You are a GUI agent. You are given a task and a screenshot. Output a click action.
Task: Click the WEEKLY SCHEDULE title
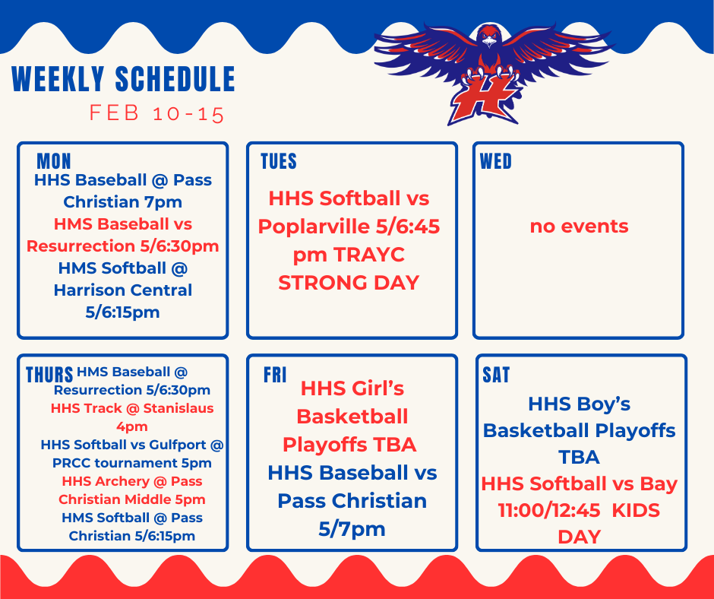click(124, 80)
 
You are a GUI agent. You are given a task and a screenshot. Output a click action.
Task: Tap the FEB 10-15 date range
click(157, 114)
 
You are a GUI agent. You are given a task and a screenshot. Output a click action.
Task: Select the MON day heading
click(53, 161)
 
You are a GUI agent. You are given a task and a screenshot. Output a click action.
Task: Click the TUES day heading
click(278, 161)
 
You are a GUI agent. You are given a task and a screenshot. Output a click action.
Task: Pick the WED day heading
click(496, 161)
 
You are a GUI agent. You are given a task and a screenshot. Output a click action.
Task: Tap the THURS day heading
click(49, 375)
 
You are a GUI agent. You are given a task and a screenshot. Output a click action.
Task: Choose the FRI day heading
click(275, 375)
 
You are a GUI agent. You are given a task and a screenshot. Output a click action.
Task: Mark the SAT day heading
click(496, 375)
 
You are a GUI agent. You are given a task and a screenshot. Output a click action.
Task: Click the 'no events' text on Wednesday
click(579, 227)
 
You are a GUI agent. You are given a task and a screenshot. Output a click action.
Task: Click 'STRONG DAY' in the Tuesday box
click(349, 283)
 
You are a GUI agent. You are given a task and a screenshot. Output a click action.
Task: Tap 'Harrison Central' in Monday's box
click(122, 290)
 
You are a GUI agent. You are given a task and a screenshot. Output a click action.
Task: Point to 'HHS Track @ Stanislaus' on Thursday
click(132, 408)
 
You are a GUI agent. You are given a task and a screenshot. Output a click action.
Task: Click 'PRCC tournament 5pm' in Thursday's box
click(132, 463)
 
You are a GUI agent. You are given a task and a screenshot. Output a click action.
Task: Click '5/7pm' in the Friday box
click(352, 528)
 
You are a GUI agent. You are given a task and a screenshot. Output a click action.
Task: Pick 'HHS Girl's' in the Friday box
click(352, 388)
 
